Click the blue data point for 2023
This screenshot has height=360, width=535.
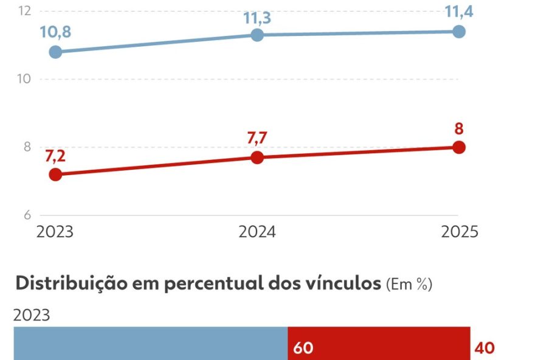point(55,52)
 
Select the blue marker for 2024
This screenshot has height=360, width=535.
point(257,35)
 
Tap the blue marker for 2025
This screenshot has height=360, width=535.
point(459,32)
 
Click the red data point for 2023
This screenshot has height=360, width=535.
point(55,175)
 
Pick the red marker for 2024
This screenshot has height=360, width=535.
point(257,157)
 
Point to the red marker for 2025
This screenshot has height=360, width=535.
point(459,147)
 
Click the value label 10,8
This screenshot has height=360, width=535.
point(56,32)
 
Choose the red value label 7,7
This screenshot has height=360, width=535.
point(257,137)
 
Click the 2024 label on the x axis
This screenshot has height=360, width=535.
point(257,232)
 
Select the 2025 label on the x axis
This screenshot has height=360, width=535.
point(459,232)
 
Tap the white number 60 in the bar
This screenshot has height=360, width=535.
point(303,348)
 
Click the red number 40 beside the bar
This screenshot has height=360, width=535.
point(485,348)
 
